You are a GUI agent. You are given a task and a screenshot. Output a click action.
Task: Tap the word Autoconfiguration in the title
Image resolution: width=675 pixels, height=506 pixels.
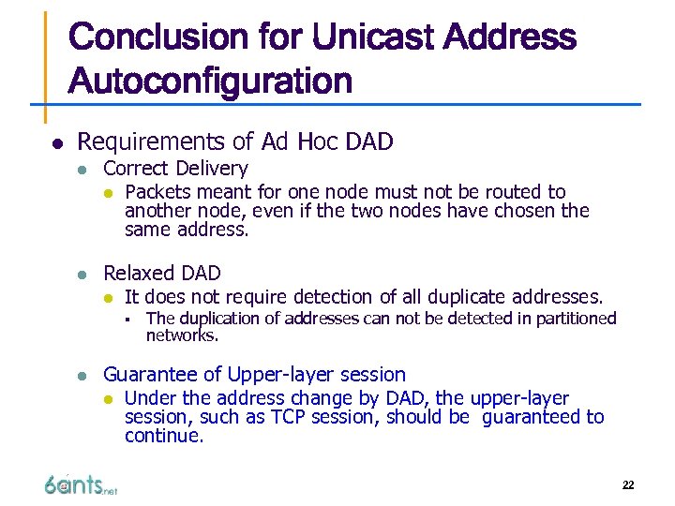(210, 82)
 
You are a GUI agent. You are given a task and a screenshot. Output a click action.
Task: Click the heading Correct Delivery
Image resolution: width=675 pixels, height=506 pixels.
(175, 169)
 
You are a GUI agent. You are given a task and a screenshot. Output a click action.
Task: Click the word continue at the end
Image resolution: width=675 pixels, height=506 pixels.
(162, 436)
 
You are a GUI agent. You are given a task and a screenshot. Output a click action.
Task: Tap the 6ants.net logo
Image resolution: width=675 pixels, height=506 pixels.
(80, 484)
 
